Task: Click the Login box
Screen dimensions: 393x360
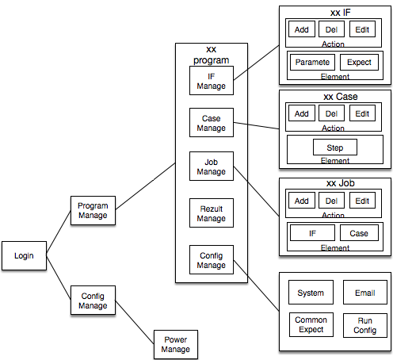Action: point(24,255)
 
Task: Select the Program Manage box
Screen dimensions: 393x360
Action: point(93,210)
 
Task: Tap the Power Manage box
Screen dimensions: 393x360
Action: point(176,344)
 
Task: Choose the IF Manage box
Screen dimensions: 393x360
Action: point(212,81)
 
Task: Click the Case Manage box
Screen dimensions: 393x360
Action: point(212,122)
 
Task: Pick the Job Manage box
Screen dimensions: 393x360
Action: point(212,167)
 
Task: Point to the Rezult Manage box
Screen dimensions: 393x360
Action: point(212,213)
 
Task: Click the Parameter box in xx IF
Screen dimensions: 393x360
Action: point(312,62)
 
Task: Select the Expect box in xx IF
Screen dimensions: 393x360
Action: point(359,62)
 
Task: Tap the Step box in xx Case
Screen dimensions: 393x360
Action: point(335,147)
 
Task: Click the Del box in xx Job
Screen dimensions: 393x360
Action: point(331,201)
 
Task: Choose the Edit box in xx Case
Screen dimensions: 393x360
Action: point(362,113)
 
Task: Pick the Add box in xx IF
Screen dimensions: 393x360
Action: point(302,29)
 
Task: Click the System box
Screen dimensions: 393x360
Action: point(311,293)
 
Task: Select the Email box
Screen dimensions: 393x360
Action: point(365,293)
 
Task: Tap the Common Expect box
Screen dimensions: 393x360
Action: point(311,325)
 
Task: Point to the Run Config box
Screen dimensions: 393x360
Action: point(365,325)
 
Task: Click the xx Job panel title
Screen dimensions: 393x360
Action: point(341,183)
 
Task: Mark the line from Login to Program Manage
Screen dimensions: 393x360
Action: point(59,232)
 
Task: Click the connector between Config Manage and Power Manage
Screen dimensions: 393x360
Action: point(135,322)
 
